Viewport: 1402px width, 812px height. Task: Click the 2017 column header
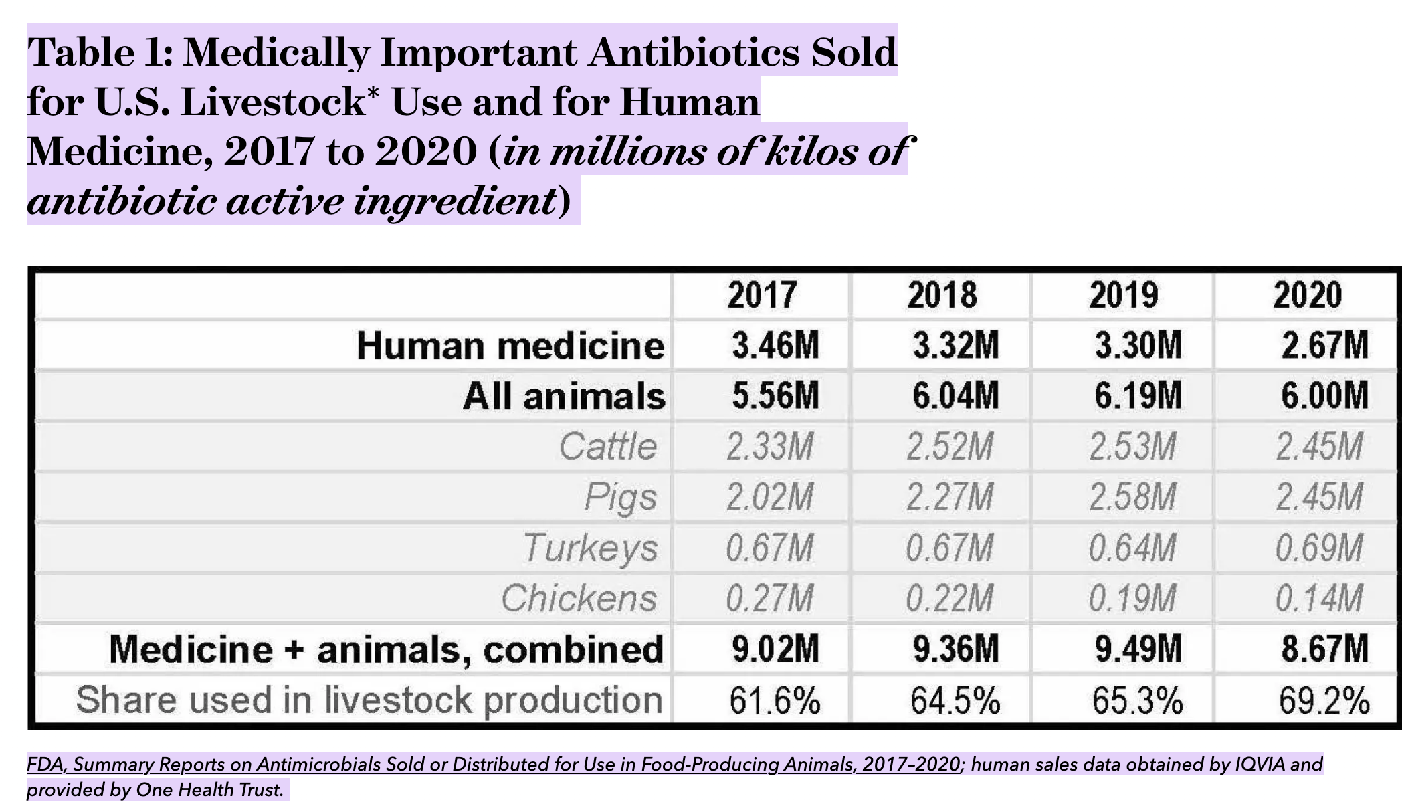[762, 295]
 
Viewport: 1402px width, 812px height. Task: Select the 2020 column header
[1307, 295]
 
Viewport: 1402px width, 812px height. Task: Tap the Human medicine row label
[510, 346]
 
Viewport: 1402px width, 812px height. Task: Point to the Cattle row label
[608, 446]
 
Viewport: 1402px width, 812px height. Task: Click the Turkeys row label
[591, 548]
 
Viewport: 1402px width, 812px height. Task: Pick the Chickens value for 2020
[1318, 598]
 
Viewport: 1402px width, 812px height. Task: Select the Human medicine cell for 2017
[775, 346]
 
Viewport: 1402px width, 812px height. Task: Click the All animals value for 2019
[1138, 395]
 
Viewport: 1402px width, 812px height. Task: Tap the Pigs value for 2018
[950, 497]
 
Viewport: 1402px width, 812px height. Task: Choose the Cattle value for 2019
[1132, 446]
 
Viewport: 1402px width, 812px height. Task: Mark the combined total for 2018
[956, 649]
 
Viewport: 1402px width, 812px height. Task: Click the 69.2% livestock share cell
[1324, 700]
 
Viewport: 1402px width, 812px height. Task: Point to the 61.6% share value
[775, 700]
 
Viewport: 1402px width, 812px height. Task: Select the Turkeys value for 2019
[1132, 548]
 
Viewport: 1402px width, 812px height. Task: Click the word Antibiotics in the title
[694, 52]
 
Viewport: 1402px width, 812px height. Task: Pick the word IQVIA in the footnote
[1258, 764]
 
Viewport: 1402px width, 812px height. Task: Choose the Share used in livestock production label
[369, 700]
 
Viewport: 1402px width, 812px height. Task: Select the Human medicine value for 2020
[1324, 346]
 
